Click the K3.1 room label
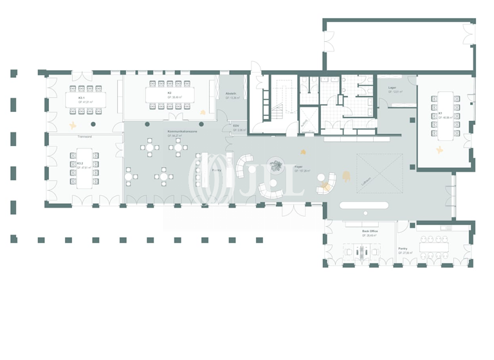coord(82,98)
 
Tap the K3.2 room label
coord(80,163)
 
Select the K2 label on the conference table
coord(169,93)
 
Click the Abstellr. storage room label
coord(232,94)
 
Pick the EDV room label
coord(236,126)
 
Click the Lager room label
coord(392,87)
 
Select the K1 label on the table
coord(441,114)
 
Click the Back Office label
coord(370,230)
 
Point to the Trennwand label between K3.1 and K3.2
coord(85,137)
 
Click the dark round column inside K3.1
coord(94,123)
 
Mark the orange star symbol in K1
coord(440,150)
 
